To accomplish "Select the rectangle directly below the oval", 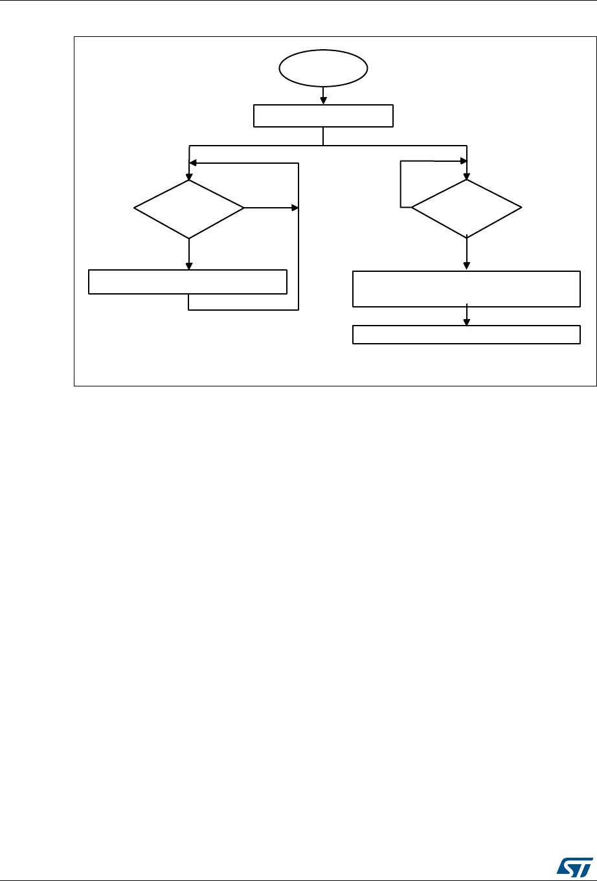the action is click(x=323, y=116).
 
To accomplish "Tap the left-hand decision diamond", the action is click(x=189, y=208).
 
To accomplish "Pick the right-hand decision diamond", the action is click(x=466, y=208).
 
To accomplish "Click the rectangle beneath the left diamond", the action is click(x=188, y=282).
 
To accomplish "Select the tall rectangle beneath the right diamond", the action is click(x=466, y=289).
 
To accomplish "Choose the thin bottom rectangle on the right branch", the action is click(x=466, y=334).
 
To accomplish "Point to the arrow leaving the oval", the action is click(x=323, y=95).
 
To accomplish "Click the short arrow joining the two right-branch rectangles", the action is click(x=466, y=315).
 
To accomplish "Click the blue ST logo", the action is click(x=570, y=861).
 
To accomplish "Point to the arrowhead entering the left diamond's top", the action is click(x=189, y=175).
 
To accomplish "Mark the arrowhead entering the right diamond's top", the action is click(x=466, y=175).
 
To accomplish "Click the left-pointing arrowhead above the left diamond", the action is click(x=192, y=163).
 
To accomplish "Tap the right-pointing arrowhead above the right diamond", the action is click(x=462, y=161).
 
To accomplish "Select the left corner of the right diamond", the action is click(x=412, y=208).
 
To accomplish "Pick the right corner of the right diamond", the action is click(x=521, y=208).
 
